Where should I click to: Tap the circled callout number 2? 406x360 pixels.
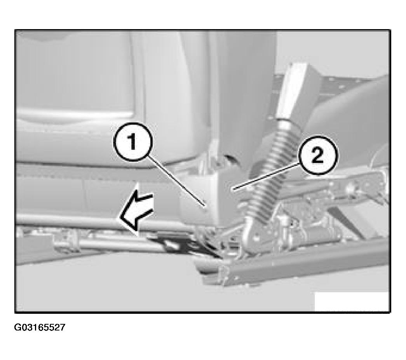pos(318,155)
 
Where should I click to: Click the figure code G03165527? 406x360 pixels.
pos(40,327)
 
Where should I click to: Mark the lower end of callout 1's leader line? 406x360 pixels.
pos(205,206)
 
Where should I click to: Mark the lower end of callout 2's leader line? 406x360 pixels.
pos(233,190)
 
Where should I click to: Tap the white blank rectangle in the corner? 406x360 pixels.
pos(352,301)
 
